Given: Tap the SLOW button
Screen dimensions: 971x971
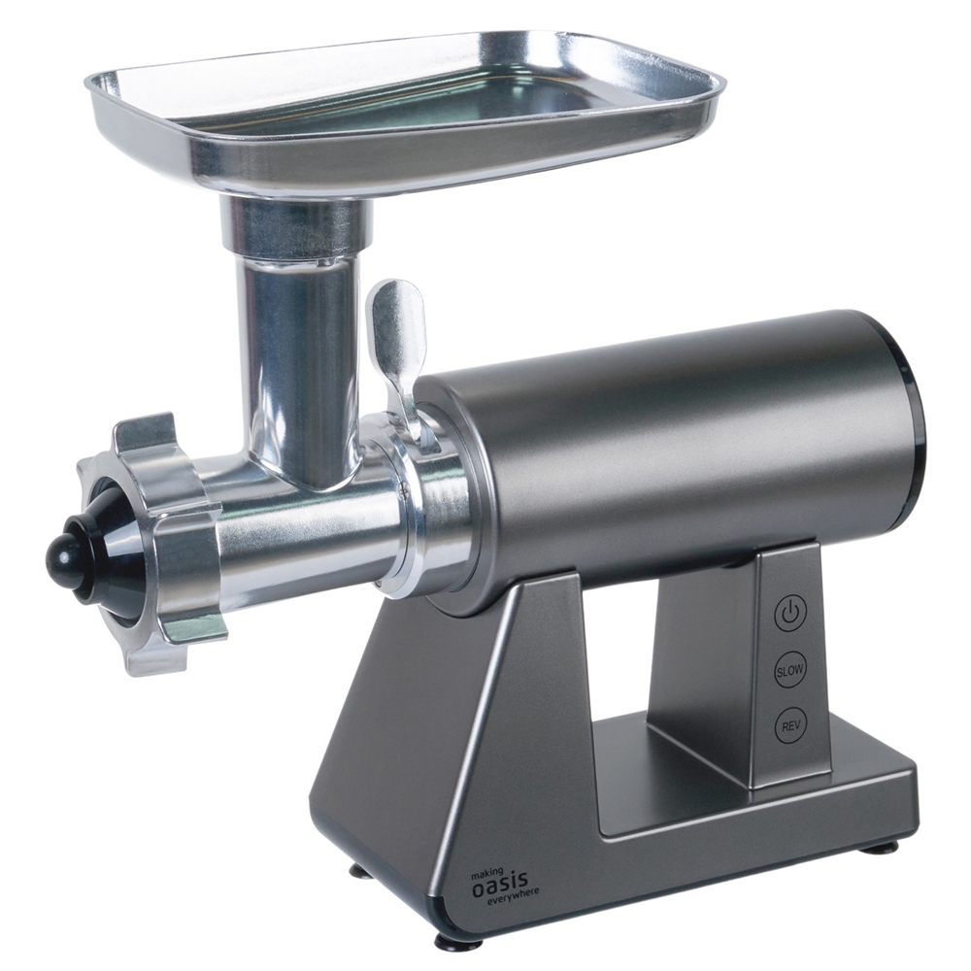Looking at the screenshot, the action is click(x=790, y=669).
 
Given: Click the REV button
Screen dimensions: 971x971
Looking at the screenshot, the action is click(x=790, y=725).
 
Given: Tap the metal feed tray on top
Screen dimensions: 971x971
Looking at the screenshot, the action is click(x=405, y=112).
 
